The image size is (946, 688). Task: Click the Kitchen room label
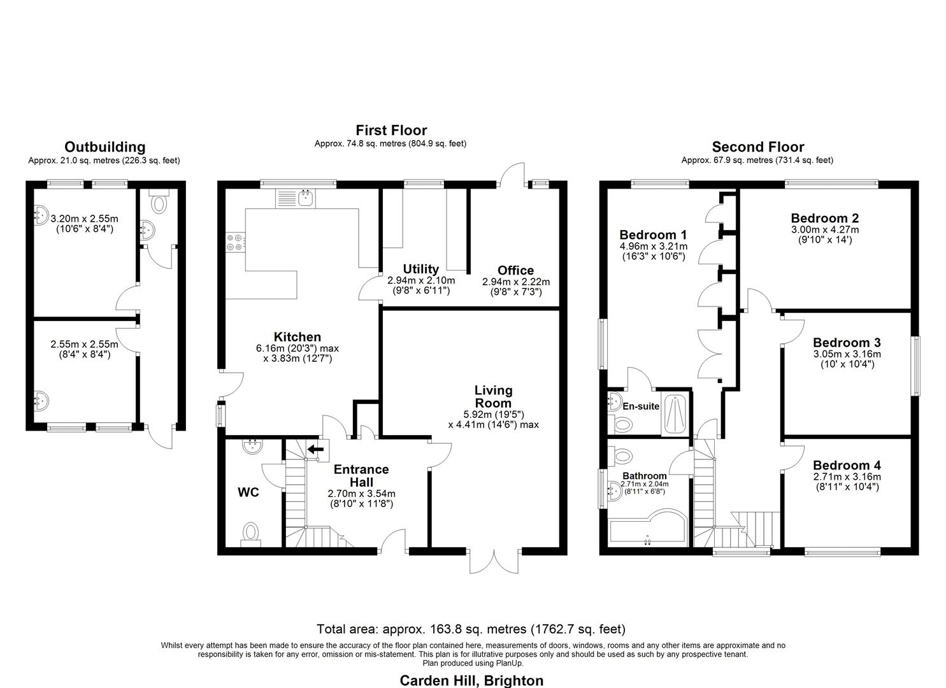pos(297,337)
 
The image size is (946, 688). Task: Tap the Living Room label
pos(493,396)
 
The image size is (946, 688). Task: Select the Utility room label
pos(420,269)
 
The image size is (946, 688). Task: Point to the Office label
pos(515,270)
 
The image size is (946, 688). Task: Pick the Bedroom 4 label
pos(847,466)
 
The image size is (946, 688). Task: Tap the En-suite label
pos(641,406)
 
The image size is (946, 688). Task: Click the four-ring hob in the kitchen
pos(234,242)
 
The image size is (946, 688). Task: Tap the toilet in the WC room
pos(252,533)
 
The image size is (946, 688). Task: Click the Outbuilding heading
pos(104,148)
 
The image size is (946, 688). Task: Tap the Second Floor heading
pos(757,147)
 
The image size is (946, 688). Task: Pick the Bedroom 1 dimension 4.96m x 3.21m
pos(653,247)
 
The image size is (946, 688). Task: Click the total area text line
pos(471,629)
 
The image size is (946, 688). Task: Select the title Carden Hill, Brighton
pos(471,680)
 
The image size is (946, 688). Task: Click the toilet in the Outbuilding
pos(157,203)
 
